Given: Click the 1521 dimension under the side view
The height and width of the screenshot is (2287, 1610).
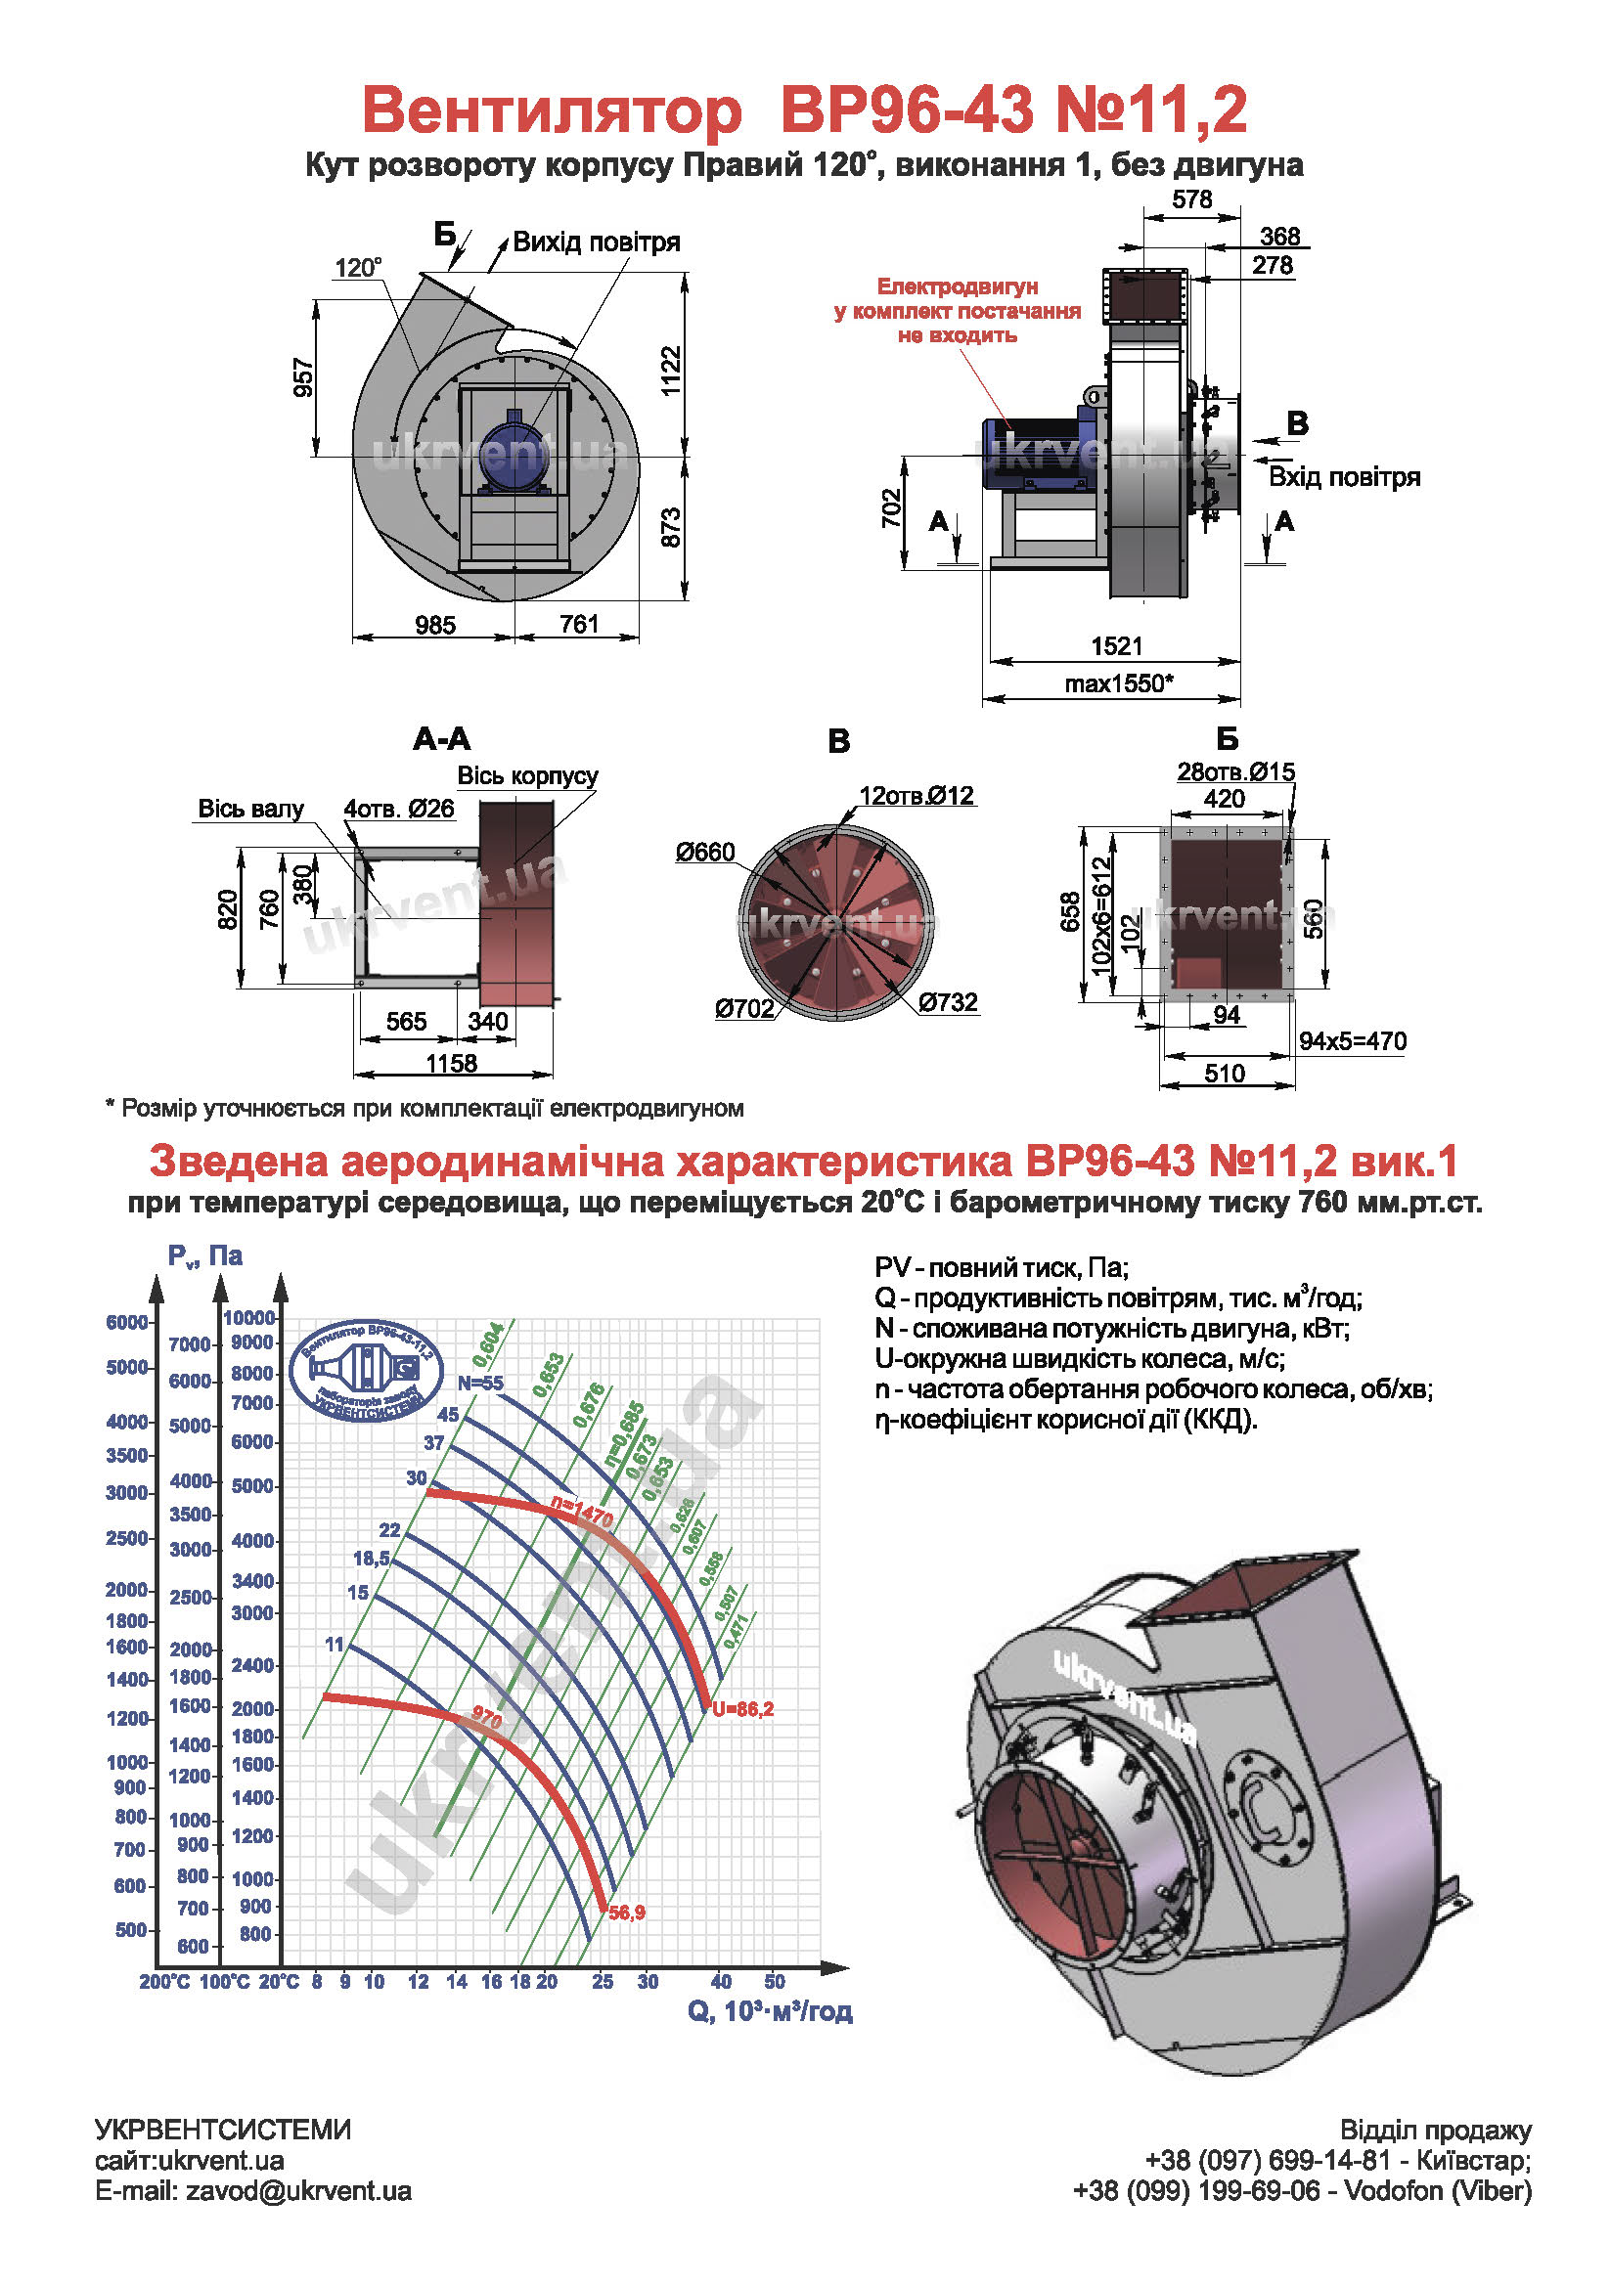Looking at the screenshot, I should pos(1116,645).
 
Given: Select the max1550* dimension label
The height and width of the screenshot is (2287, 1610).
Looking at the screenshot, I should pos(1118,683).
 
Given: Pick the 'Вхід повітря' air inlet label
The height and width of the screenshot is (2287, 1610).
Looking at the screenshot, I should pos(1343,477).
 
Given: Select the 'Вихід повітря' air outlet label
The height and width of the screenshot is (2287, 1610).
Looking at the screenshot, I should pos(596,242).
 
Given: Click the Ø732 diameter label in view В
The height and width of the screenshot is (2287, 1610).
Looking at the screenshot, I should pos(948,1002).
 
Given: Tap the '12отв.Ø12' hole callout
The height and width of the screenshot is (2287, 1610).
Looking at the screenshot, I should pos(917,796).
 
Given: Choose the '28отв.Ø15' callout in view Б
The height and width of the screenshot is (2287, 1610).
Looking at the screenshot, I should pos(1235,772).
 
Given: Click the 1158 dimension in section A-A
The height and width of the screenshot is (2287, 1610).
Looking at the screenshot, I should pos(451,1064).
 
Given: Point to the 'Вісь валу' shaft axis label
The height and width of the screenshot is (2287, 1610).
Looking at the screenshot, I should pos(250,809).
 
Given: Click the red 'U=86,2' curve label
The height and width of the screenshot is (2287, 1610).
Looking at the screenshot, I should pos(743,1709).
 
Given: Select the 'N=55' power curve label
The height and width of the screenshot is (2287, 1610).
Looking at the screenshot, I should pos(480,1383).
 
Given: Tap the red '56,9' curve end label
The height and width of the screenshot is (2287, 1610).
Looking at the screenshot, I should pos(627,1913).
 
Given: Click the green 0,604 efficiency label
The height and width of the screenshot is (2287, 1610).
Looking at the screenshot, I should pos(488,1345).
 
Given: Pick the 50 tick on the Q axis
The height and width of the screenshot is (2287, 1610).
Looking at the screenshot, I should pos(775,1982).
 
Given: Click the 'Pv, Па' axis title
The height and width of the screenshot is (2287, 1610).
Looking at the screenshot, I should pos(205,1256).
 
